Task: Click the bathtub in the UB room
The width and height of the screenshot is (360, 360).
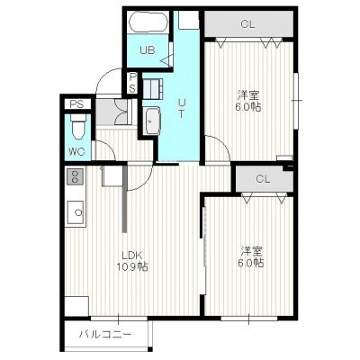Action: tap(148, 22)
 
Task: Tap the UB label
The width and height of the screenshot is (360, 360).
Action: tap(148, 50)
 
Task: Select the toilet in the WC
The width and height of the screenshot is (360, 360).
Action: tap(78, 127)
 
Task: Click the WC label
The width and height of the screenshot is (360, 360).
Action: tap(76, 151)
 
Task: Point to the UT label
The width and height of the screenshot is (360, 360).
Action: tap(181, 108)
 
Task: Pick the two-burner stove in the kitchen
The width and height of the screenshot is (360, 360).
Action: tap(76, 176)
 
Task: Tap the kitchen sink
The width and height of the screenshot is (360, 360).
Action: tap(76, 211)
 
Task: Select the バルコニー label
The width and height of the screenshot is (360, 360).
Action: tap(105, 334)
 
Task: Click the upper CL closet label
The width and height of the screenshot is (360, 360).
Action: tap(247, 24)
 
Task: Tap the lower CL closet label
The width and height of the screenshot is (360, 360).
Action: tap(263, 179)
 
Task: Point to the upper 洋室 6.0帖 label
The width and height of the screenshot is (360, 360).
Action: tap(248, 101)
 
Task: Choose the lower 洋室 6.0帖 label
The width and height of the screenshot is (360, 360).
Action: tap(251, 256)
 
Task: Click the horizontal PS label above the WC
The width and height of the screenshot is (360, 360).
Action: tap(76, 104)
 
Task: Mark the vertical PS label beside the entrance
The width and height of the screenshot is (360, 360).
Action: tap(132, 83)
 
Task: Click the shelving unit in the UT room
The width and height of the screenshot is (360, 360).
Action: tap(153, 88)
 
